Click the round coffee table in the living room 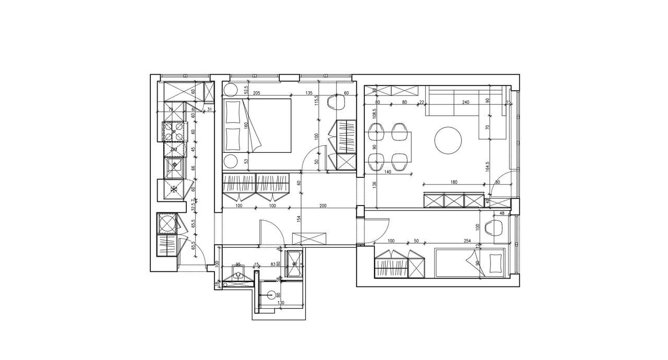(448, 140)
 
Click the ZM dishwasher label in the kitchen (174, 150)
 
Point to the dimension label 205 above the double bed (256, 93)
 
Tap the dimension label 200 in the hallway (323, 206)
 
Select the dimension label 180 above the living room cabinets (453, 182)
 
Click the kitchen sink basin (174, 166)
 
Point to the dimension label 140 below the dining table (387, 171)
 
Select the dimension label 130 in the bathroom (281, 303)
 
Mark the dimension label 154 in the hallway (300, 220)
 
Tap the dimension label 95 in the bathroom (238, 264)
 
